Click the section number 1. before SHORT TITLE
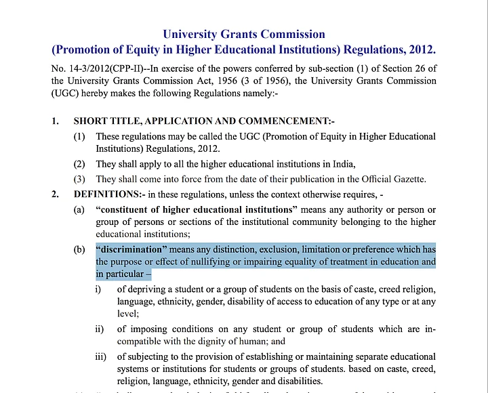[56, 121]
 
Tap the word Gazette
[408, 179]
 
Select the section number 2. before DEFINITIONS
[56, 194]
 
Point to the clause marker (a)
[79, 209]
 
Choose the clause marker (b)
[79, 249]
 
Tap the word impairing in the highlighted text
[258, 262]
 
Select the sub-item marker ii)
[100, 329]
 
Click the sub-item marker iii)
[101, 356]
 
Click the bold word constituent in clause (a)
[126, 209]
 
